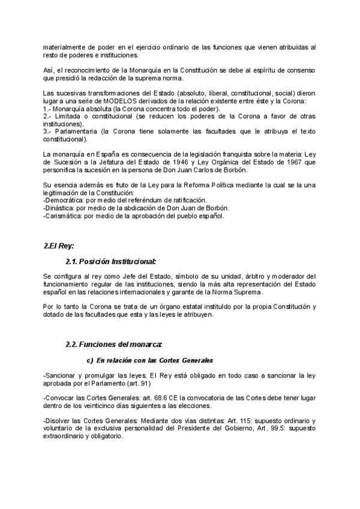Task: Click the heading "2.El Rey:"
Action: tap(59, 246)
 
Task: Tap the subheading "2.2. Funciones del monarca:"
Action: tap(114, 345)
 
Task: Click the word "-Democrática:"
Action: tap(64, 200)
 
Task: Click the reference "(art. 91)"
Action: tap(139, 383)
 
